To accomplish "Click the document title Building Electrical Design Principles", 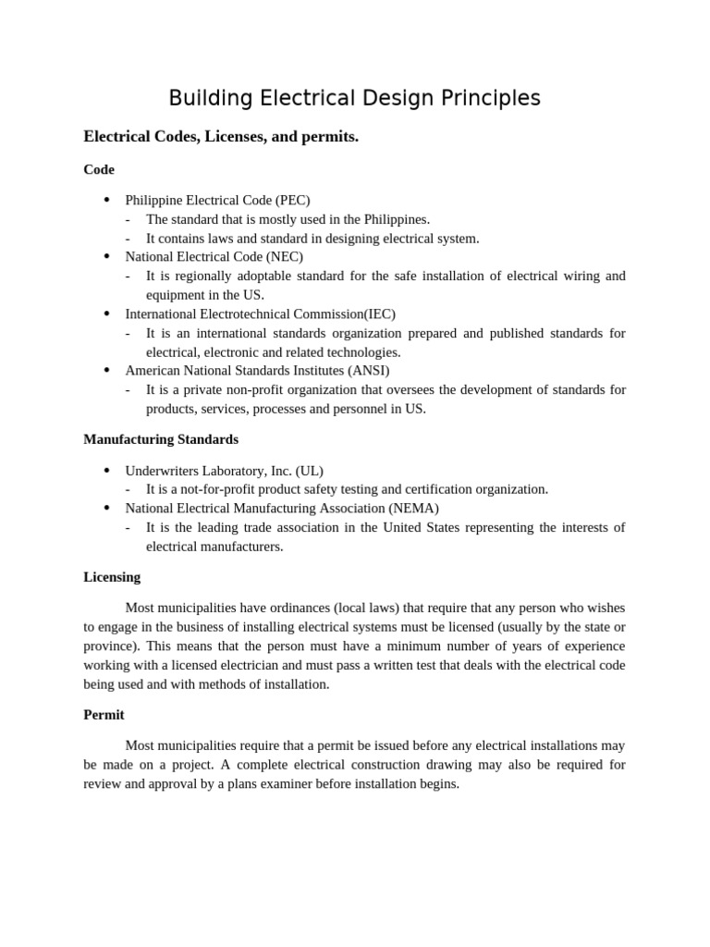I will pos(354,98).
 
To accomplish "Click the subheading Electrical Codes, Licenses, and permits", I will pos(221,137).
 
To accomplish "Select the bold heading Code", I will pos(99,169).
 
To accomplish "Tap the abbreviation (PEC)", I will pos(293,200).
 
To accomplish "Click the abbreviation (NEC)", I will pos(285,256).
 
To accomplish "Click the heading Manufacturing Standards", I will pos(161,439).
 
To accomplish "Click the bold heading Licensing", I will pos(112,577).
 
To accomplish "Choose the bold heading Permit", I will pos(104,715).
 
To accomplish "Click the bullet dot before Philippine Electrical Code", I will pos(106,200).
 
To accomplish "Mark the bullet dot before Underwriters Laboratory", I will pos(106,470).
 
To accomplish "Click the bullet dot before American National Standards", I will pos(106,370).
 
